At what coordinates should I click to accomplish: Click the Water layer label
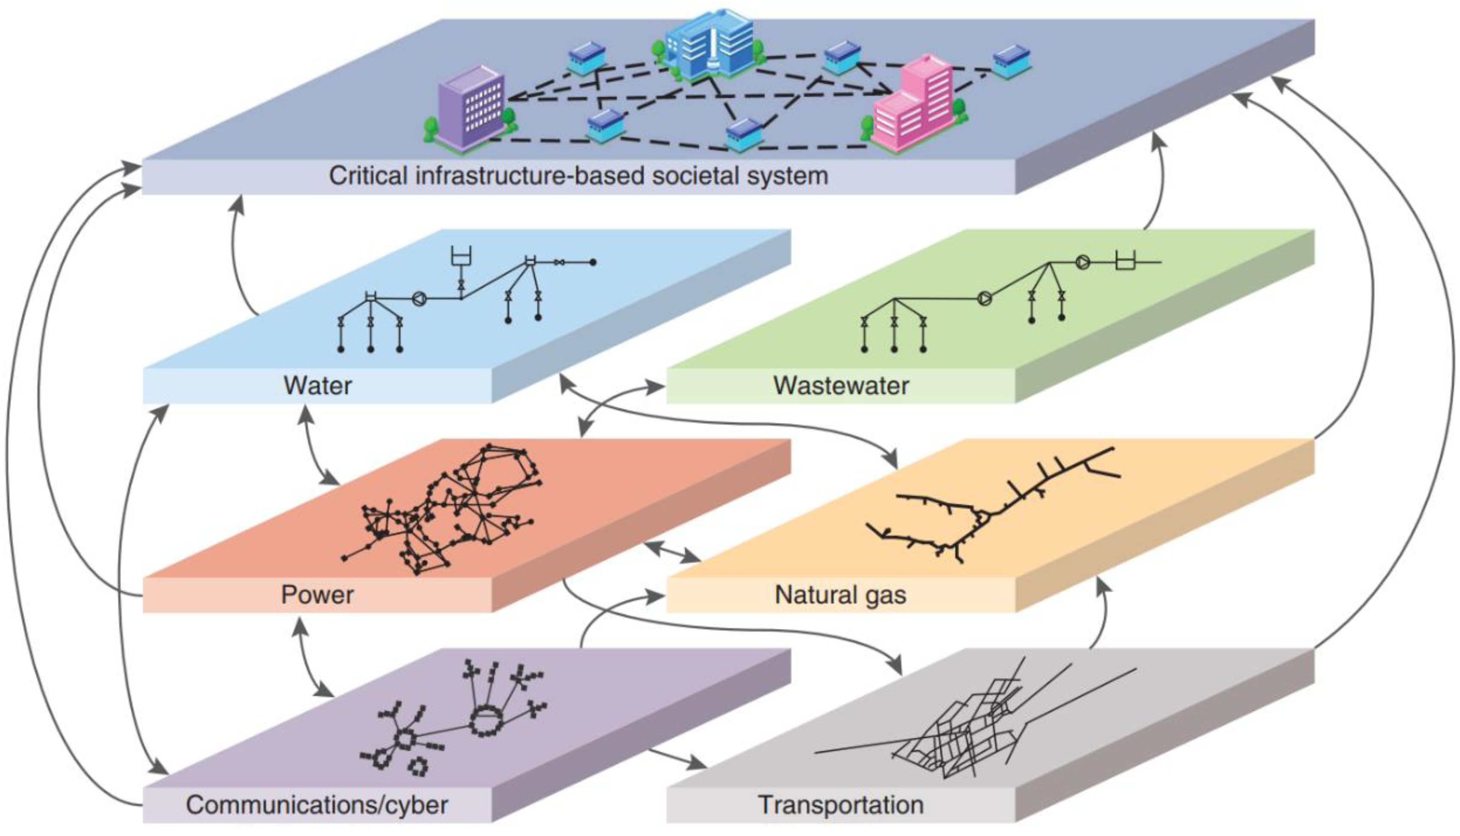click(x=317, y=385)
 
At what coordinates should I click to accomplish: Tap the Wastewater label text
click(x=841, y=385)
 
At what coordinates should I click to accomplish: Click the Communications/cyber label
click(x=317, y=804)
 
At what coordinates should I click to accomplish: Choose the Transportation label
click(x=841, y=804)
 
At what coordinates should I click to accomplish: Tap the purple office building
click(x=471, y=109)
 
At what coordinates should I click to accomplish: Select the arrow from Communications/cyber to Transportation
click(x=677, y=758)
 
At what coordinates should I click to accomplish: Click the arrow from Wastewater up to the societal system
click(x=1159, y=184)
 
